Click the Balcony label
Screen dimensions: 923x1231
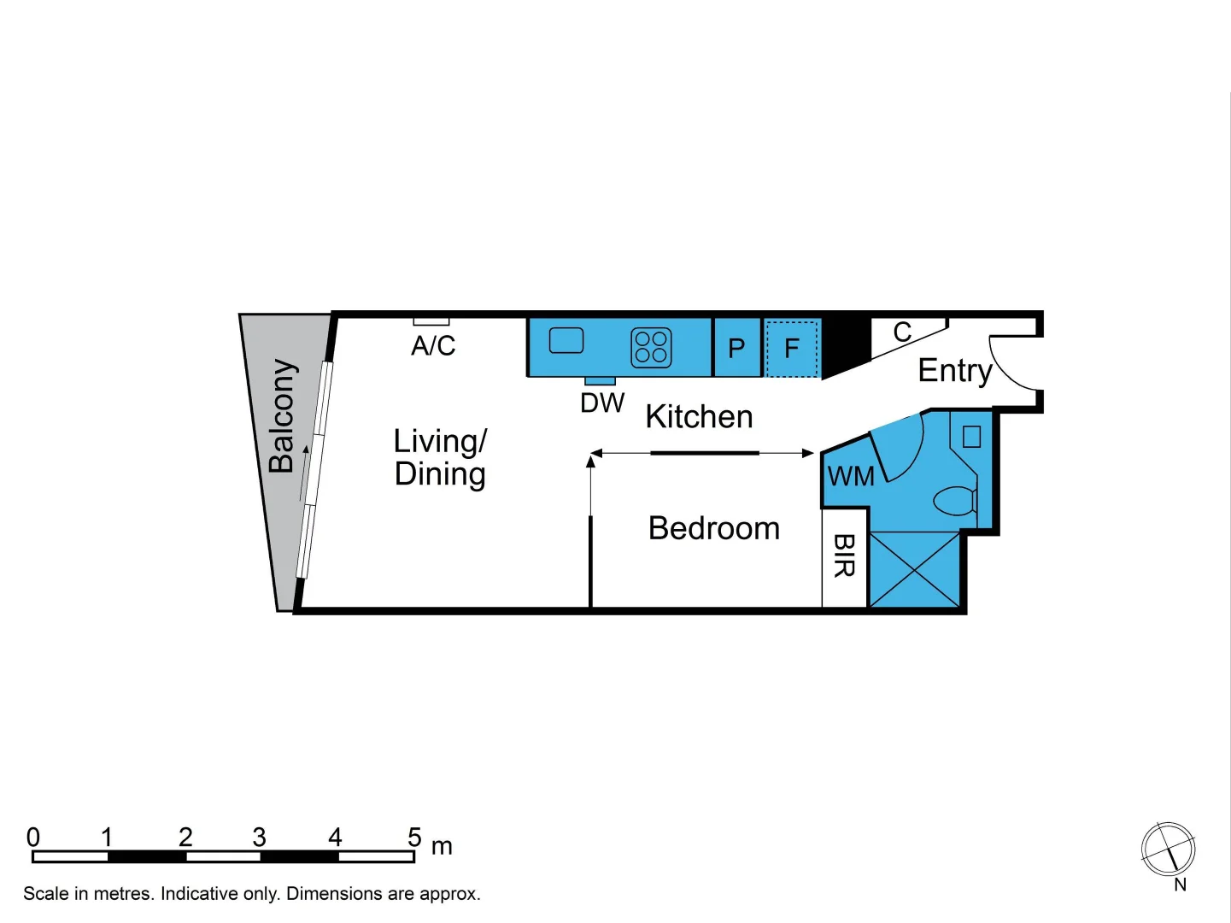pyautogui.click(x=282, y=416)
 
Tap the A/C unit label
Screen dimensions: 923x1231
pyautogui.click(x=433, y=346)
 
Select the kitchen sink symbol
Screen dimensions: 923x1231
pyautogui.click(x=566, y=340)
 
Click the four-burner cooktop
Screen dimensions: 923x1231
pyautogui.click(x=651, y=347)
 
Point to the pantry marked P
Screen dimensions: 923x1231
pyautogui.click(x=736, y=348)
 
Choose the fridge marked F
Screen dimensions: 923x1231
pyautogui.click(x=792, y=348)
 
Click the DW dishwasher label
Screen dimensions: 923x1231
pyautogui.click(x=602, y=403)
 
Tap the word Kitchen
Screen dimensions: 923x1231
pyautogui.click(x=699, y=417)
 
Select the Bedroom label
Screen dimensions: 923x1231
pyautogui.click(x=714, y=528)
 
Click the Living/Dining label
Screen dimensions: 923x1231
pyautogui.click(x=440, y=457)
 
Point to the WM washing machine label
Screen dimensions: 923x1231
pyautogui.click(x=850, y=476)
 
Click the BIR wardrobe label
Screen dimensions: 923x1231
pyautogui.click(x=844, y=556)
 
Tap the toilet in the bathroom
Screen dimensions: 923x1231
pyautogui.click(x=956, y=500)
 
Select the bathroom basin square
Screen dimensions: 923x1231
pyautogui.click(x=971, y=437)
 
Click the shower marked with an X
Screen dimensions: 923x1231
pyautogui.click(x=914, y=569)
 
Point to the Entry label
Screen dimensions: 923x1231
pyautogui.click(x=954, y=371)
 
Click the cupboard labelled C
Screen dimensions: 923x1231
pyautogui.click(x=902, y=332)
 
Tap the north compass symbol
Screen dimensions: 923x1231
pyautogui.click(x=1168, y=850)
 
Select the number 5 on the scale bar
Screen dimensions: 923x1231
pyautogui.click(x=414, y=837)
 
